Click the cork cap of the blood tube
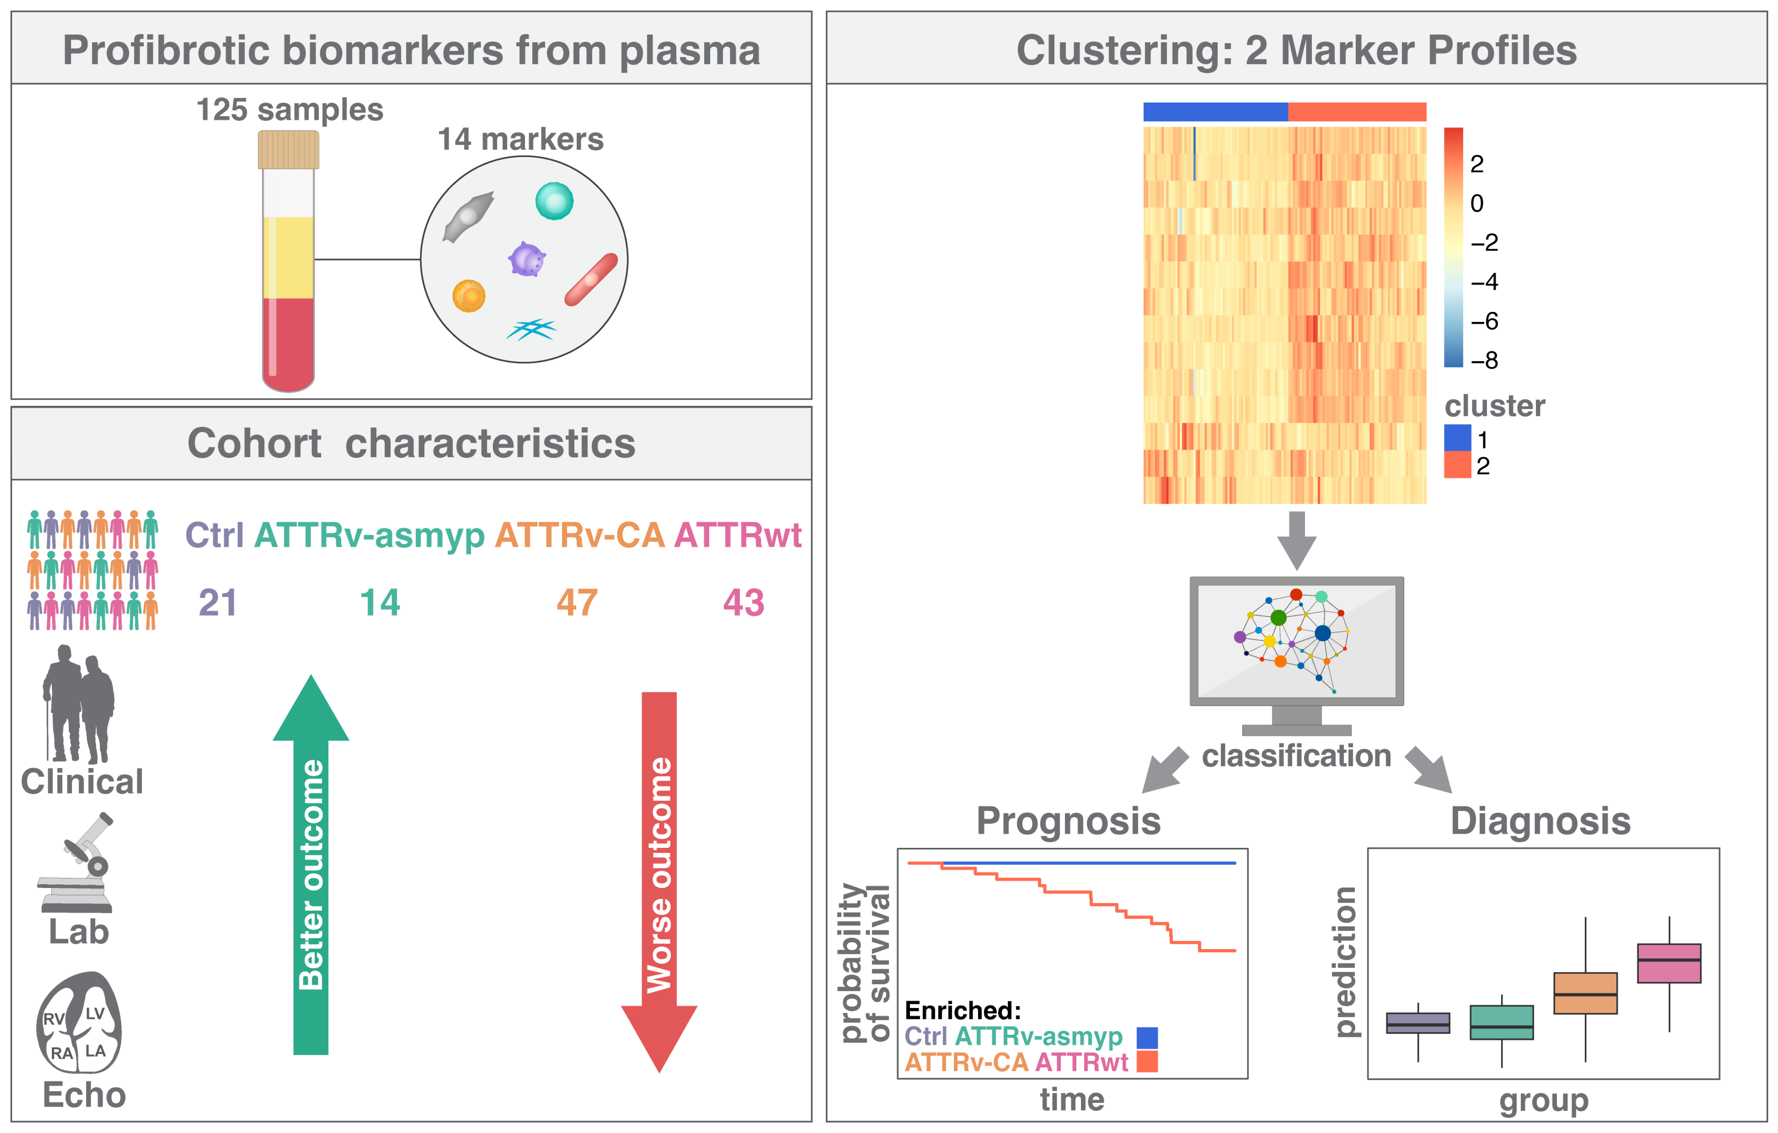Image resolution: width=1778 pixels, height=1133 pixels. [288, 150]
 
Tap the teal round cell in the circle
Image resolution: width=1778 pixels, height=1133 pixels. [554, 201]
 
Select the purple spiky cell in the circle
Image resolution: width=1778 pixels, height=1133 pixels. [526, 260]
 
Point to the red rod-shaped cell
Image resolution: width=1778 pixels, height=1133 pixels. [591, 279]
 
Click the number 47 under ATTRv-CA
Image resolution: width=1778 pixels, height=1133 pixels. [577, 603]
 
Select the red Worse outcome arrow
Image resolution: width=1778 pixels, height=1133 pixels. [659, 878]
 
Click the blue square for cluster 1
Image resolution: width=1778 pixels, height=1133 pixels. [1457, 438]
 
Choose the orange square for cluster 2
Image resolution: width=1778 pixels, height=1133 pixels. [1457, 465]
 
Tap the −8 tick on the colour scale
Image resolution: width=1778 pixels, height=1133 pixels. [1484, 360]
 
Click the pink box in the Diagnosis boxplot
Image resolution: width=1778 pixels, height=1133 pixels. [1669, 962]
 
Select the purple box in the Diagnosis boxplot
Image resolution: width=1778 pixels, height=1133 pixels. [1418, 1023]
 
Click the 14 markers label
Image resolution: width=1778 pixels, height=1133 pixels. [521, 139]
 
